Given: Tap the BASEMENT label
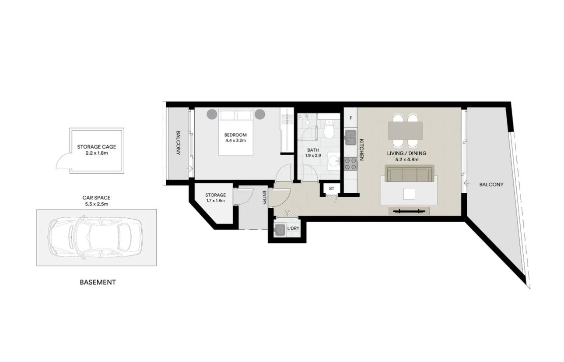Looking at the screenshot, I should coord(98,282).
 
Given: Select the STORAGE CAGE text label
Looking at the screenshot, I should coord(96,147).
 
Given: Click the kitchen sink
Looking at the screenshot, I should coord(350,138).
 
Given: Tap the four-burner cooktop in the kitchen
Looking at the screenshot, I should coord(350,163).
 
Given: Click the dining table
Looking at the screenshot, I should coord(405,131).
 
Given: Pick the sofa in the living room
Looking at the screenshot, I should coord(409,174).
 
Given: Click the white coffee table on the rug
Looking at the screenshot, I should coord(410,194).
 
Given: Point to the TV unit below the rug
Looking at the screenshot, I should coord(409,211).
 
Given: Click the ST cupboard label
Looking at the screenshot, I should coord(331,189).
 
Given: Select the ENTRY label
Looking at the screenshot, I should coord(265,198).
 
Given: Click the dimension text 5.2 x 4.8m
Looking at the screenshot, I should coord(406,160).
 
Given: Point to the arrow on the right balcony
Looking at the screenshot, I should coord(466,184).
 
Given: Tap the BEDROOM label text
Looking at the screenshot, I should coord(236,135).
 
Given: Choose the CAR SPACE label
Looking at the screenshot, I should coord(96,198).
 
